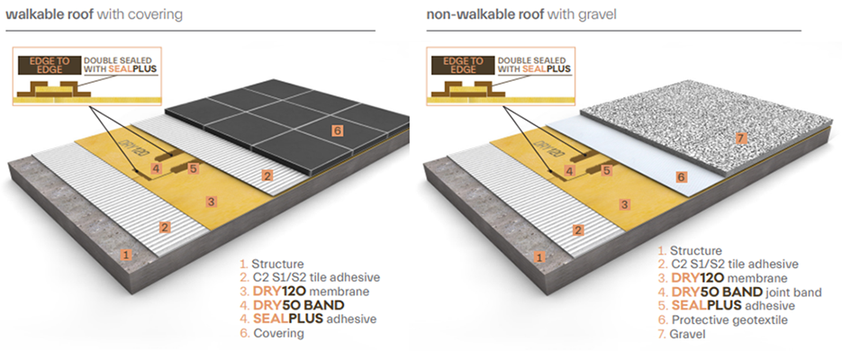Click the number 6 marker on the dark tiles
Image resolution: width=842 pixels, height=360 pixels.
(x=337, y=131)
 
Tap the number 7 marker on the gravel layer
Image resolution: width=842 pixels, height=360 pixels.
(x=741, y=139)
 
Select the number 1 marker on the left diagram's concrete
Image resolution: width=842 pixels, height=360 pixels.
(x=126, y=255)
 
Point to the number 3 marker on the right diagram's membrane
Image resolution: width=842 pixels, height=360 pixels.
(x=623, y=205)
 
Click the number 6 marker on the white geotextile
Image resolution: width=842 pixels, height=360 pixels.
(x=682, y=177)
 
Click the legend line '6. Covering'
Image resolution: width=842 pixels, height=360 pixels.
(x=274, y=333)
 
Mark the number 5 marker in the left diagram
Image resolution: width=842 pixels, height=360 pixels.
(x=193, y=167)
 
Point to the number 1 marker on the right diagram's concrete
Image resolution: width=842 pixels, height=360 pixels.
(x=539, y=256)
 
